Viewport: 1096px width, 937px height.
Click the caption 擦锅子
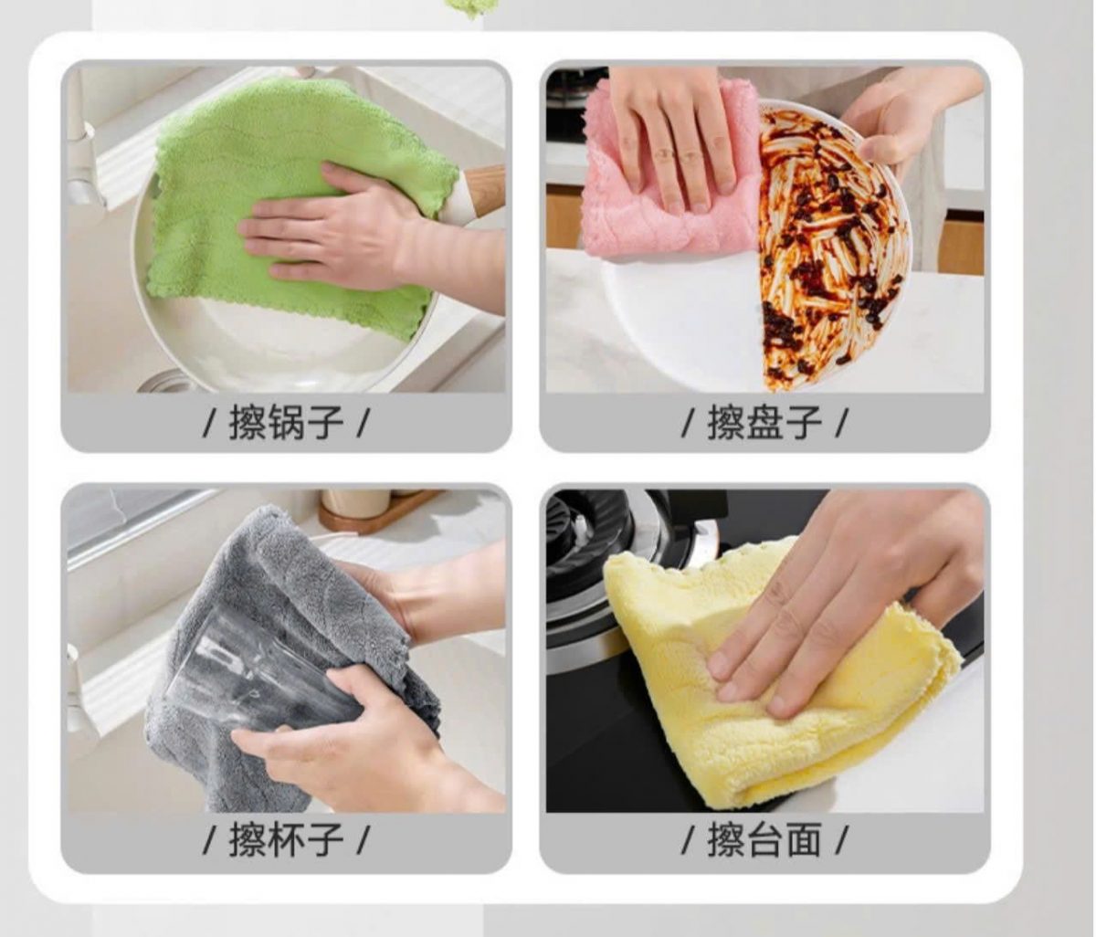tap(286, 423)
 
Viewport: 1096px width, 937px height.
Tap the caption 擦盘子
tap(764, 423)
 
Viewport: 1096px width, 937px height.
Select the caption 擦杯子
tap(286, 840)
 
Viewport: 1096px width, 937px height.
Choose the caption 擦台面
tap(764, 840)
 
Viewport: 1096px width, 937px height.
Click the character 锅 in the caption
tap(286, 423)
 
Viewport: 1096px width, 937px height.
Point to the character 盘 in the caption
tap(764, 423)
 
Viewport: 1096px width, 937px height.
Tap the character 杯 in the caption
tap(286, 840)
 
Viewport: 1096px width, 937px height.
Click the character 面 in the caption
tap(803, 840)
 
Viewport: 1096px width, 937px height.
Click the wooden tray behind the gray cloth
tap(379, 511)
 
